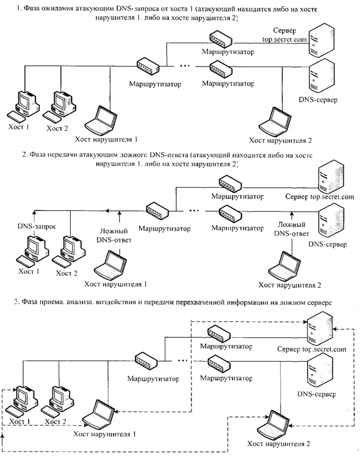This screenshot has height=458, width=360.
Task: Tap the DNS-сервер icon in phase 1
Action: (x=320, y=76)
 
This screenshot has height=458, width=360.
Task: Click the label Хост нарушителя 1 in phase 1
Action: (x=106, y=139)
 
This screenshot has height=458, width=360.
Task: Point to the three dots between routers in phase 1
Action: (x=184, y=66)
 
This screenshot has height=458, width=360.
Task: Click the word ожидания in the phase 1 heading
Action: (x=57, y=9)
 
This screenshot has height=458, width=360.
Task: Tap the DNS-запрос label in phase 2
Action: (x=37, y=226)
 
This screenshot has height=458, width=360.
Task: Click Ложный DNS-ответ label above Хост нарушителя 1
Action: (x=114, y=235)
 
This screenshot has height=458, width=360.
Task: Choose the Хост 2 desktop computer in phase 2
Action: (x=69, y=252)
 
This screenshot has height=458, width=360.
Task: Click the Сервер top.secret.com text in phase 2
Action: (x=320, y=196)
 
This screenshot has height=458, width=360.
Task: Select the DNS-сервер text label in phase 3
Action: (x=316, y=394)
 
